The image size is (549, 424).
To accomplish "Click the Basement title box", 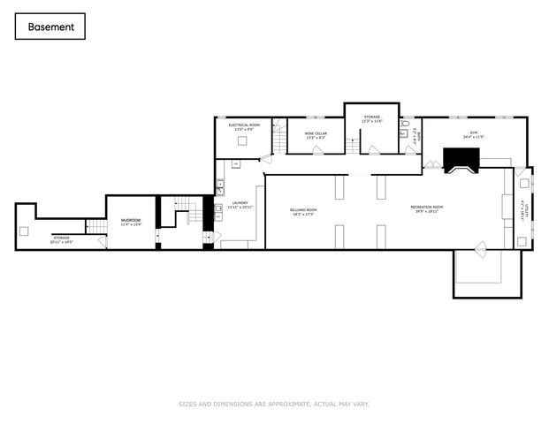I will [50, 26].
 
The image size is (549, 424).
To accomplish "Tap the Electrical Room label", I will [243, 127].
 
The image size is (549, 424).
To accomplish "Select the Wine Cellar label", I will [316, 135].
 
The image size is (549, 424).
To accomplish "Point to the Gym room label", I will [473, 135].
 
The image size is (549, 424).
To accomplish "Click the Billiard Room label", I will [302, 211].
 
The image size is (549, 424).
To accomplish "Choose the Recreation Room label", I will [426, 209].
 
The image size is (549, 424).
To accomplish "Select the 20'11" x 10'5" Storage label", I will [61, 238].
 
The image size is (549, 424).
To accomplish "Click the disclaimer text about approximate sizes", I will [274, 404].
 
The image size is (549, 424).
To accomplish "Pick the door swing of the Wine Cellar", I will [316, 150].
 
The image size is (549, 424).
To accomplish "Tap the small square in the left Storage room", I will [24, 231].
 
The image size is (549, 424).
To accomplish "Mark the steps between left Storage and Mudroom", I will [96, 228].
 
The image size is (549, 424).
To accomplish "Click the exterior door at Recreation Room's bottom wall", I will [479, 249].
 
